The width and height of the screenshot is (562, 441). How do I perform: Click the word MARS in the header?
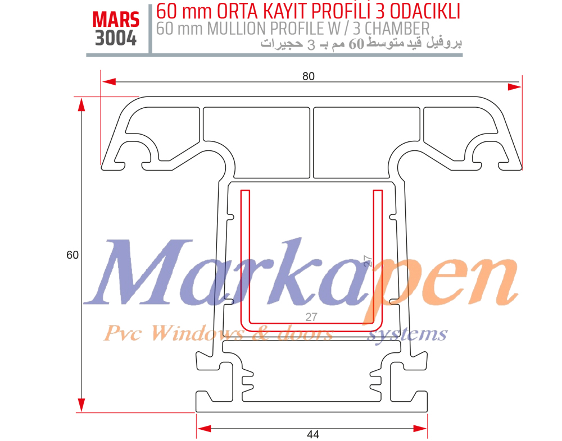tap(116, 19)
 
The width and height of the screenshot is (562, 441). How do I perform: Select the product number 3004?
tap(116, 38)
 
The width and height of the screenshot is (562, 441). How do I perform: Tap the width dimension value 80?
tap(308, 77)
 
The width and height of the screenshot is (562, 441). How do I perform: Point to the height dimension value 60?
tap(72, 255)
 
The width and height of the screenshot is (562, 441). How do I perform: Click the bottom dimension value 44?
tap(313, 434)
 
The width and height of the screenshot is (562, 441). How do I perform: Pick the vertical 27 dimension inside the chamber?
tap(368, 260)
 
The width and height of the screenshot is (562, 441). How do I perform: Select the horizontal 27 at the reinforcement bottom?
tap(311, 317)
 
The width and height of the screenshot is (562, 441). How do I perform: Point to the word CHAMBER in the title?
tap(400, 28)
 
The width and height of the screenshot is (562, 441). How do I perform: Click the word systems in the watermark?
tap(407, 334)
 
